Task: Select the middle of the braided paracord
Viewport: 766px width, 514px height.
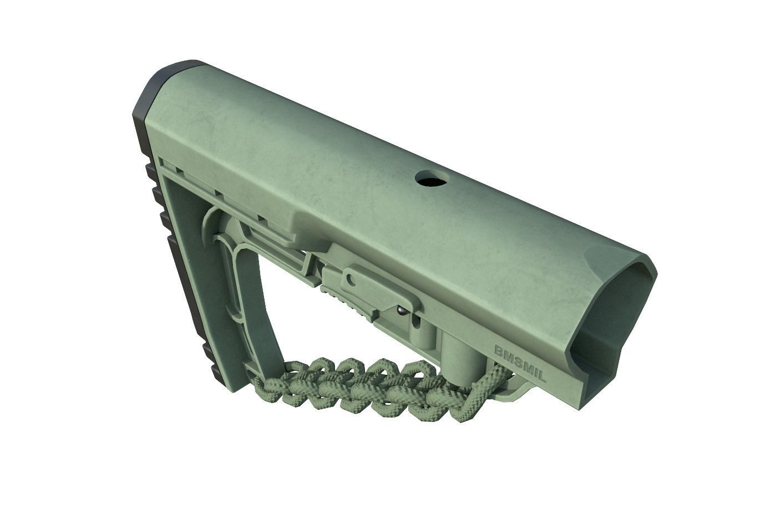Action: click(366, 388)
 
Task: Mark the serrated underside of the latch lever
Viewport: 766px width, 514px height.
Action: click(347, 302)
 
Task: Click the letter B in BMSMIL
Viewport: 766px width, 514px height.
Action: click(499, 351)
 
